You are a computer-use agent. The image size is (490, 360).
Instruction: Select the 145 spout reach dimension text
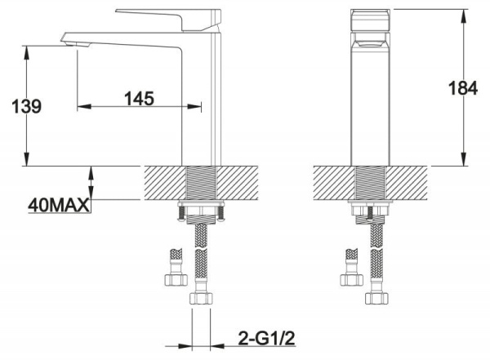point(140,98)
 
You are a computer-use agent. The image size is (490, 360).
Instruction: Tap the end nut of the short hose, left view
point(175,279)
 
